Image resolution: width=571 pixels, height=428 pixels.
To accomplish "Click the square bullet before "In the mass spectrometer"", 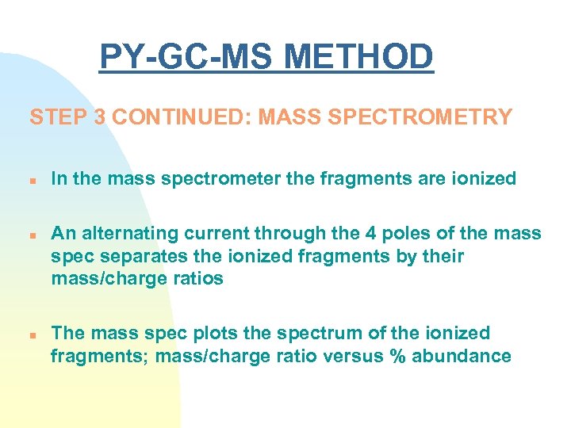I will coord(33,180).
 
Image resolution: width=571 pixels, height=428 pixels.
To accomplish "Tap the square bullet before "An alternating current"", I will coord(33,235).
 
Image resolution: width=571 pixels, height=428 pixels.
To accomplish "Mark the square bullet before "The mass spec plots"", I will coord(33,334).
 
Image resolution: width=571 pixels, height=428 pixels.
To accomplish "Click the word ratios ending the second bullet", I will coord(197,280).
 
